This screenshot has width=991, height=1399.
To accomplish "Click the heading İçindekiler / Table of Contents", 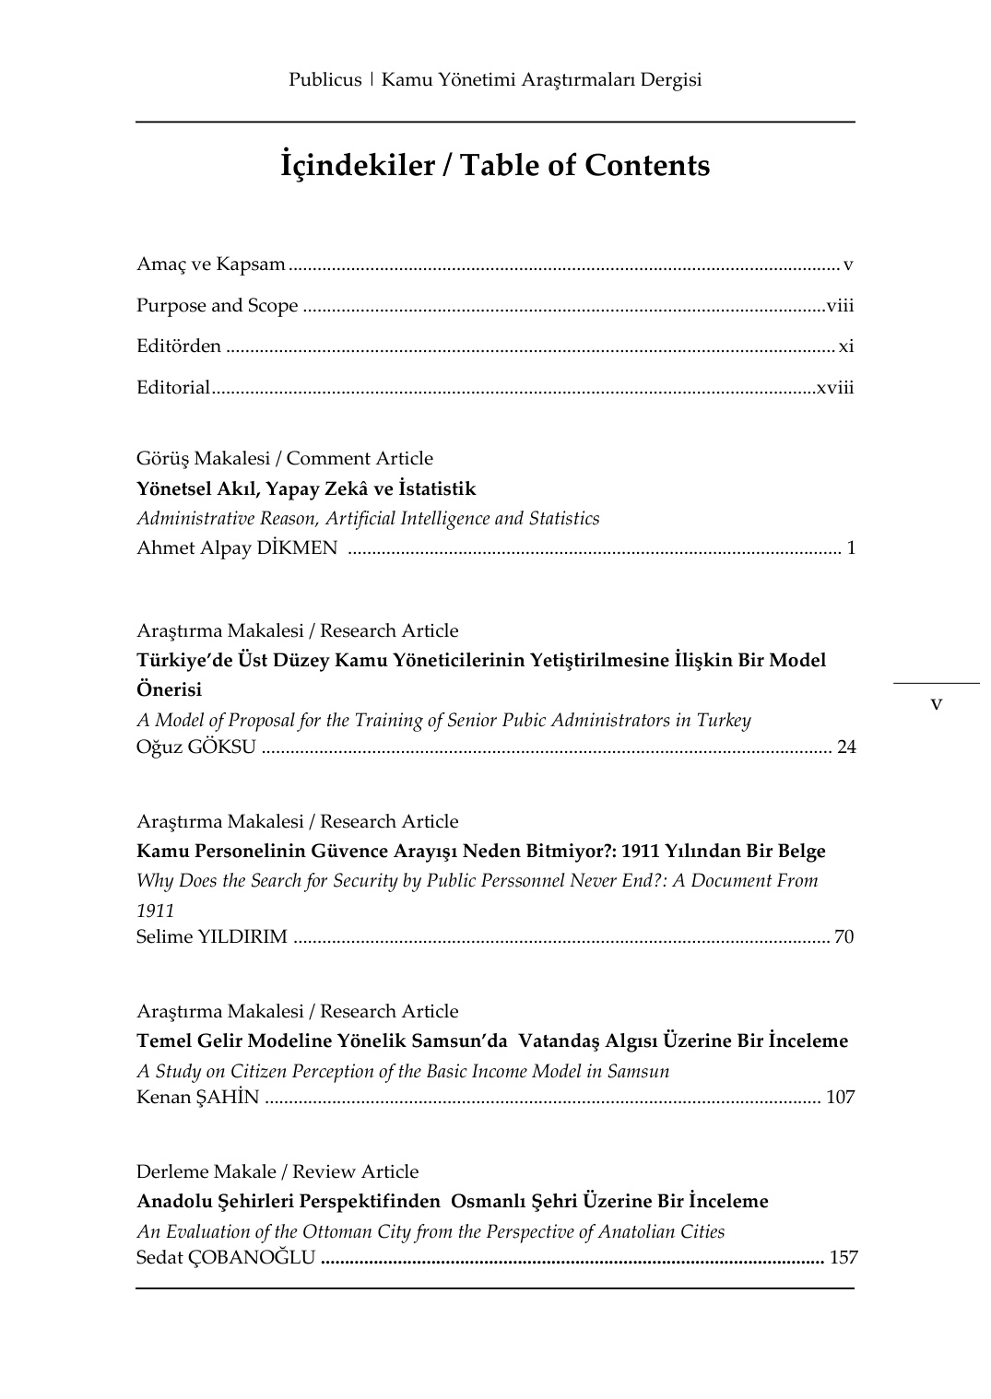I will (495, 166).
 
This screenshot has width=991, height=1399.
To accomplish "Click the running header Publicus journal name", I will (495, 80).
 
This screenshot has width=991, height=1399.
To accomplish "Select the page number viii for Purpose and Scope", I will (840, 306).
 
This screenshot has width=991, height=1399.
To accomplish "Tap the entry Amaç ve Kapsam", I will (211, 265).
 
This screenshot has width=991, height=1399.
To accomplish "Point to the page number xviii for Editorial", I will (834, 387).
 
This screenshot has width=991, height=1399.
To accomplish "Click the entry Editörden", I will (179, 347).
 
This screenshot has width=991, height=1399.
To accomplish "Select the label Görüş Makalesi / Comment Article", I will (285, 458).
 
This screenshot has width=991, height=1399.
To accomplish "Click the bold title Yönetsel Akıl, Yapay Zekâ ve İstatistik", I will (306, 488).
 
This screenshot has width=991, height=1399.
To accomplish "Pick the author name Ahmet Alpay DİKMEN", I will (237, 548).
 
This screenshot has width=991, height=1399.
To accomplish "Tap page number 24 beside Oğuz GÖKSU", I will (845, 747).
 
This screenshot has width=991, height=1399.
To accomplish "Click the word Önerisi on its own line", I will (169, 689).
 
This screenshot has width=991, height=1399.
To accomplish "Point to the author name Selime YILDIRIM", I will (212, 937).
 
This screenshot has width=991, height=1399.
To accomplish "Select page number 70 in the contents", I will (844, 937).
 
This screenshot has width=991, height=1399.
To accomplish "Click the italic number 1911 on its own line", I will (155, 911).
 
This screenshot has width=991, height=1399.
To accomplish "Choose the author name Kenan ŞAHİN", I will (198, 1097).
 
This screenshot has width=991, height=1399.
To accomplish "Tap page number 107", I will (840, 1097).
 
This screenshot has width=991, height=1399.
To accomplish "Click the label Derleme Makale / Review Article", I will (277, 1171).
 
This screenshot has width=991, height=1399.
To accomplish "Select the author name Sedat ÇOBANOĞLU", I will (226, 1257).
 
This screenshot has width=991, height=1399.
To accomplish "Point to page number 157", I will (844, 1257).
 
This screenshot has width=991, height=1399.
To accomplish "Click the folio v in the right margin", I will (937, 704).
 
